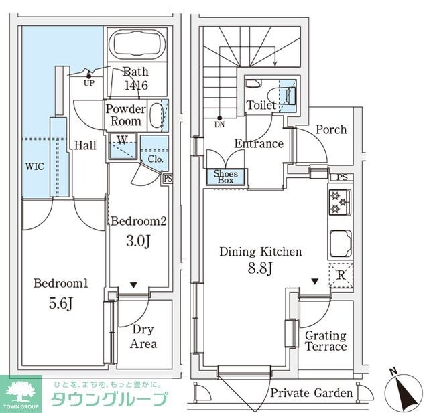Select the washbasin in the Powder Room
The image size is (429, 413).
[x=156, y=115]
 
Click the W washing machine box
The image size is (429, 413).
[x=123, y=145]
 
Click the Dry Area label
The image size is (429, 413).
[x=143, y=337]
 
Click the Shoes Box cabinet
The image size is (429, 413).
[x=225, y=176]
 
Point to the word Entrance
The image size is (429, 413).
[x=258, y=143]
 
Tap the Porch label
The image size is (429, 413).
[x=331, y=129]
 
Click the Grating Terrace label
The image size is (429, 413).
[x=326, y=341]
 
